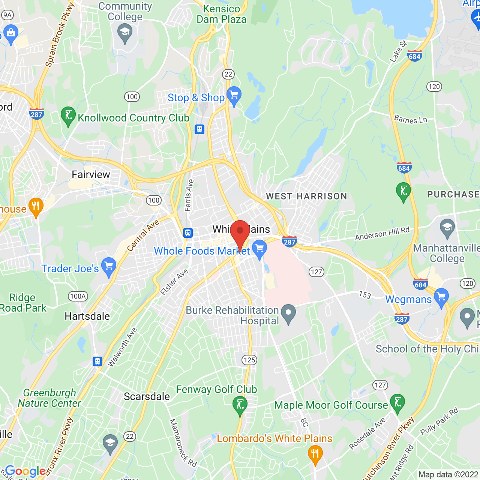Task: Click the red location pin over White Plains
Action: coord(240,232)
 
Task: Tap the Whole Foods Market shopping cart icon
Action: coord(259,249)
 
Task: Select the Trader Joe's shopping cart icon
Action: coord(109,267)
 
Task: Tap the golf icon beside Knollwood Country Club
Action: coord(68,115)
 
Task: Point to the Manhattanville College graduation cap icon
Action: coord(447,228)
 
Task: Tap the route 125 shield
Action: coord(249,360)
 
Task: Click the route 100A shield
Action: coord(78,296)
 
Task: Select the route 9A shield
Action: coord(7,15)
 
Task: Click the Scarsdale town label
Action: coord(147,396)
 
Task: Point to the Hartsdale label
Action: coord(87,316)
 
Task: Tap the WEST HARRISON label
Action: coord(306,196)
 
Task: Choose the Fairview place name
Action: coord(91,174)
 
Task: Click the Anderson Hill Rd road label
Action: coord(382,234)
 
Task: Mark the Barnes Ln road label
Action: coord(411,119)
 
